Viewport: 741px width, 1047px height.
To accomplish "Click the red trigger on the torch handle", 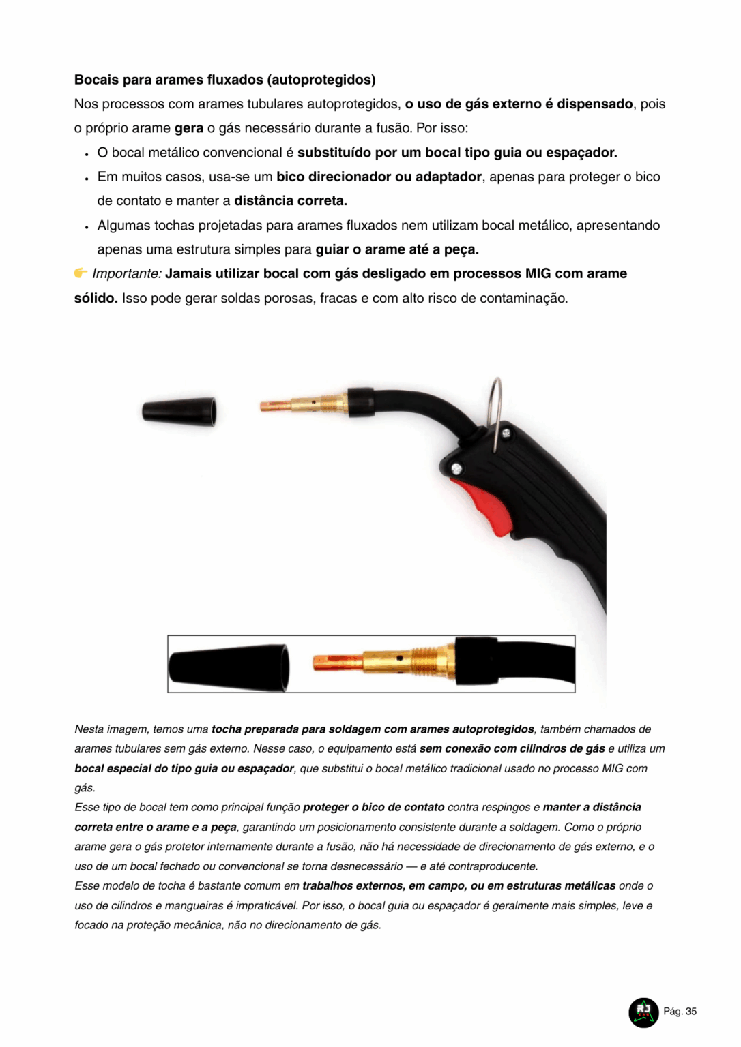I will [x=486, y=507].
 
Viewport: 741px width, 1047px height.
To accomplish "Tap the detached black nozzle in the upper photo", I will [x=179, y=411].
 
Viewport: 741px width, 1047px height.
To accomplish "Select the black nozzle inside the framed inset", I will [x=229, y=665].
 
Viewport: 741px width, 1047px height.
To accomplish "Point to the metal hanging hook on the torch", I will [x=497, y=409].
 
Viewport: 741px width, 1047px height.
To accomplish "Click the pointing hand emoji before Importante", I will [x=81, y=273].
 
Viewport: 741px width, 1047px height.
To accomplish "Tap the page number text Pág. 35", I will [x=680, y=1012].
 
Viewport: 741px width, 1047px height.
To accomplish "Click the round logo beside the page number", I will [x=643, y=1012].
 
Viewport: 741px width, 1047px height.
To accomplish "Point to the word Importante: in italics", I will [x=127, y=273].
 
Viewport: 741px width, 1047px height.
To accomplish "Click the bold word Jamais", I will [x=188, y=273].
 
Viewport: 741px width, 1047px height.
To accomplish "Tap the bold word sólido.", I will [x=96, y=298].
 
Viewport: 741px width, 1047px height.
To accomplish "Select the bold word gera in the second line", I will [x=189, y=128].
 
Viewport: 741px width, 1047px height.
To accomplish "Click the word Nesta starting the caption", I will [x=89, y=729].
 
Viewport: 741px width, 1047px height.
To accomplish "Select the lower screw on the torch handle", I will [x=456, y=468].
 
